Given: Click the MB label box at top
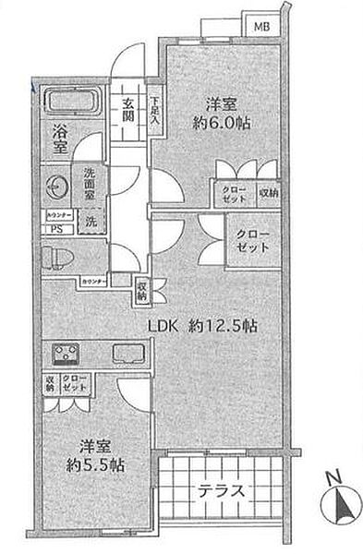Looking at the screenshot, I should (x=261, y=27).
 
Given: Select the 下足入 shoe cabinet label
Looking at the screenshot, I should (x=155, y=112).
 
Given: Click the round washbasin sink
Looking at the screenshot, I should (x=57, y=184).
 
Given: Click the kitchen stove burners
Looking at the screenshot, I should (x=67, y=354).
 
